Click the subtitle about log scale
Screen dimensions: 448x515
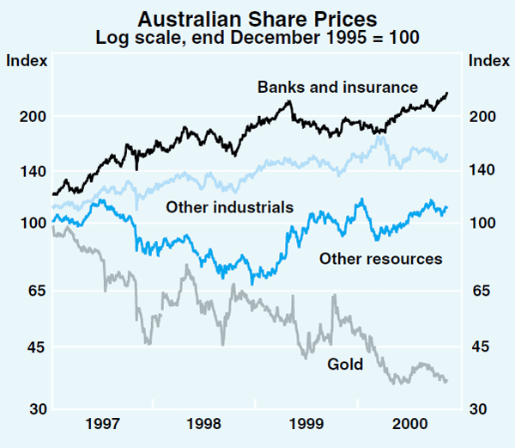pyautogui.click(x=257, y=37)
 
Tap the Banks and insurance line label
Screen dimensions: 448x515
pyautogui.click(x=337, y=87)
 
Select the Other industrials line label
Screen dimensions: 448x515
pyautogui.click(x=230, y=207)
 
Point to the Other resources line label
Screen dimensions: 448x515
pyautogui.click(x=380, y=258)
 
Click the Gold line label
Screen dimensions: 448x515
pyautogui.click(x=345, y=364)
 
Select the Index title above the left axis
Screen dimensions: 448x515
pyautogui.click(x=27, y=60)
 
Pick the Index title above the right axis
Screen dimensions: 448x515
pyautogui.click(x=487, y=60)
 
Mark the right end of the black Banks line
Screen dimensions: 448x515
pyautogui.click(x=447, y=93)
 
